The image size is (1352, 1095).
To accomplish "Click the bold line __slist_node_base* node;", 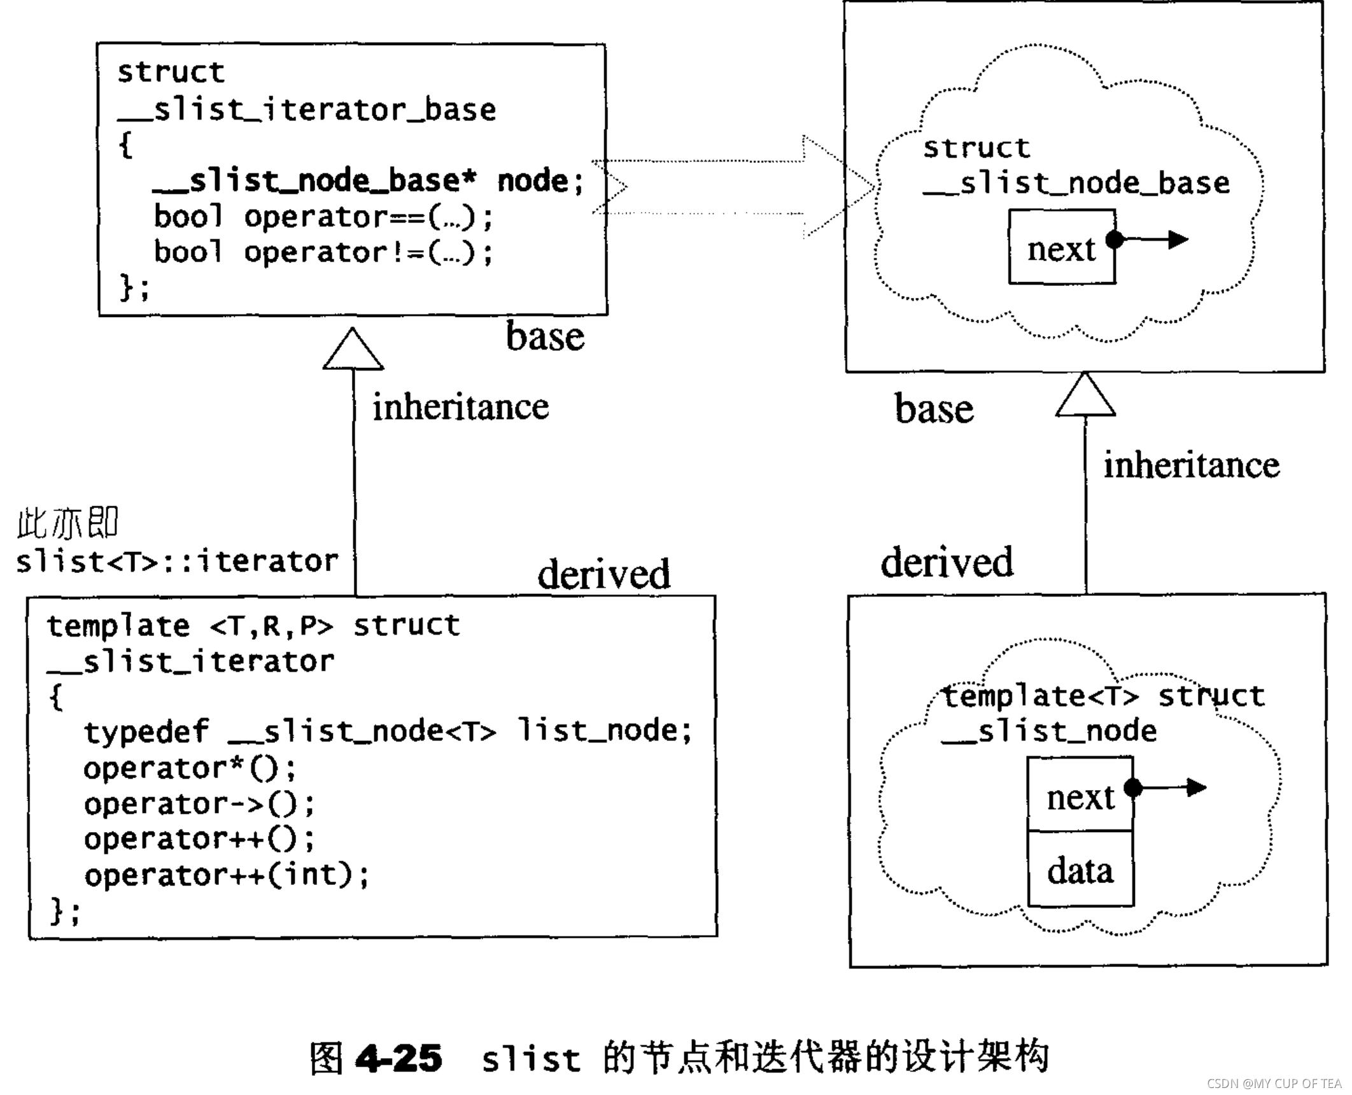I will click(368, 181).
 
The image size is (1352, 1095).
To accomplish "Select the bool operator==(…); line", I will click(323, 217).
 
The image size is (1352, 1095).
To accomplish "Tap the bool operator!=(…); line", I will click(323, 252).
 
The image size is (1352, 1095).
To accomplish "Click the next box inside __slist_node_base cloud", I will click(1061, 247).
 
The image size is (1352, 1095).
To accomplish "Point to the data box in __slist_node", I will click(1080, 870).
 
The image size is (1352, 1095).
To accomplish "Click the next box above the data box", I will click(1080, 796).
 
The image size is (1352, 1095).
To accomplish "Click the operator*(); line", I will click(190, 768).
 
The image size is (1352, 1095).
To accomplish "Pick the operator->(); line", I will click(199, 804).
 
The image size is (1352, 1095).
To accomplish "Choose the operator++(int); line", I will click(226, 875).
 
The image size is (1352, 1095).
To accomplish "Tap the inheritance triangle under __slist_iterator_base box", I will click(353, 351).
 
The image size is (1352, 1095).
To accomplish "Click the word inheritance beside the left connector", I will click(460, 407).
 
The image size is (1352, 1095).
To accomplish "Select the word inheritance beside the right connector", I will click(1191, 465).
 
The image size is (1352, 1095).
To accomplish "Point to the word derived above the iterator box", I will click(603, 574).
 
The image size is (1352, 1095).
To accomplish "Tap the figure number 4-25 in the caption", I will click(398, 1057).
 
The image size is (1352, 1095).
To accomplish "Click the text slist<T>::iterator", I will click(177, 562).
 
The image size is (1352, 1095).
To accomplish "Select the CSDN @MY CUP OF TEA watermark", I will click(1274, 1083).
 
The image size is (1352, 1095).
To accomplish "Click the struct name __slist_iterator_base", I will click(306, 110).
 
